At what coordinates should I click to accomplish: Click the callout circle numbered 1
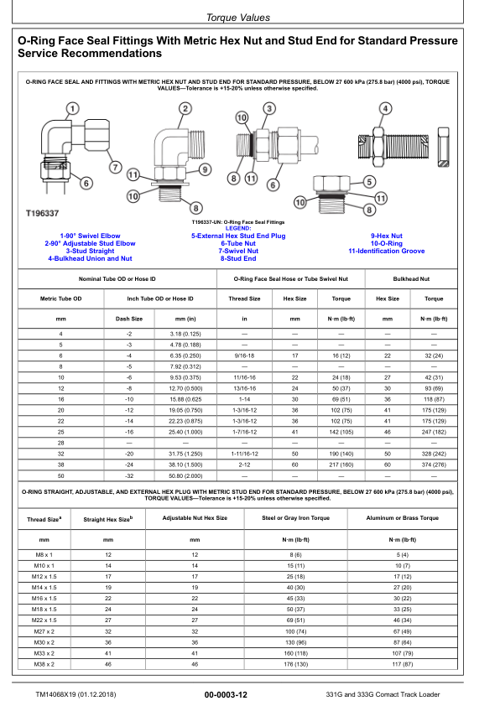point(72,109)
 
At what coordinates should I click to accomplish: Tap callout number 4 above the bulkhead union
point(385,109)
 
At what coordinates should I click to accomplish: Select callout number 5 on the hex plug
point(369,180)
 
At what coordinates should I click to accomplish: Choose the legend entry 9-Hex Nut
point(386,236)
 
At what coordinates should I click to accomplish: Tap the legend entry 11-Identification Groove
point(386,251)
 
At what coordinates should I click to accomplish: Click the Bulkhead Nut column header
point(410,278)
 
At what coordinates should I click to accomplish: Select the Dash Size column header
point(128,319)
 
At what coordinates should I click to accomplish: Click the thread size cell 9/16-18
point(245,356)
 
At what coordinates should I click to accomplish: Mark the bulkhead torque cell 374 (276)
point(434,464)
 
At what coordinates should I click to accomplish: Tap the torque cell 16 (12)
point(341,356)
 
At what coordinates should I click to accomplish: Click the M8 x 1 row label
point(43,555)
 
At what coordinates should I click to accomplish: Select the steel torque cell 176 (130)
point(295,664)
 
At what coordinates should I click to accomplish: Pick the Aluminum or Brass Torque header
point(403,518)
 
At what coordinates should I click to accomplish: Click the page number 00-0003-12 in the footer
point(226,695)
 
